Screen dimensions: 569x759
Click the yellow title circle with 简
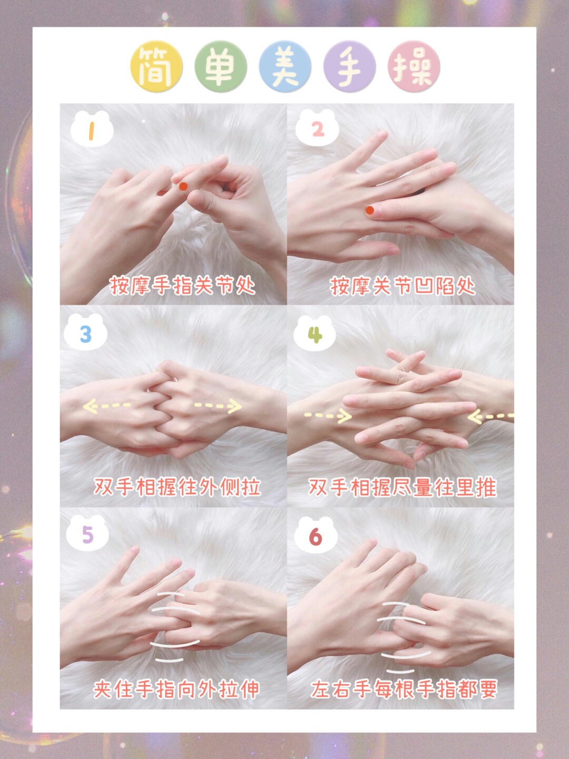pyautogui.click(x=156, y=67)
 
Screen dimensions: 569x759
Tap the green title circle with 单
pyautogui.click(x=221, y=67)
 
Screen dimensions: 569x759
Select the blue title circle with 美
pyautogui.click(x=285, y=67)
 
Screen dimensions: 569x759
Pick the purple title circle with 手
pyautogui.click(x=349, y=67)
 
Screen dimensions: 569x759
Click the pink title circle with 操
pyautogui.click(x=414, y=67)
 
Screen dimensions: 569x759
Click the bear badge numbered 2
pyautogui.click(x=317, y=128)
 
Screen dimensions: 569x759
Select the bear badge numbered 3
pyautogui.click(x=85, y=332)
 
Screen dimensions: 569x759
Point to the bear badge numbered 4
pyautogui.click(x=315, y=334)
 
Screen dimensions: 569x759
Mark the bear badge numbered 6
pyautogui.click(x=316, y=537)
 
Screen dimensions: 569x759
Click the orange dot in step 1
pyautogui.click(x=183, y=187)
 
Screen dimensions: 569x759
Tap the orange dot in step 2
pyautogui.click(x=370, y=210)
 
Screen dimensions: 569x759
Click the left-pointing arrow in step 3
pyautogui.click(x=107, y=406)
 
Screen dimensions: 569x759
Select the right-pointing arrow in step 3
pyautogui.click(x=218, y=406)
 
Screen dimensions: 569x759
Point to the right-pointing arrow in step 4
pyautogui.click(x=328, y=415)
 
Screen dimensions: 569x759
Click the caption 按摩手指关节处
pyautogui.click(x=182, y=286)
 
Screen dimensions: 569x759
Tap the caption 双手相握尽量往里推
pyautogui.click(x=403, y=487)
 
